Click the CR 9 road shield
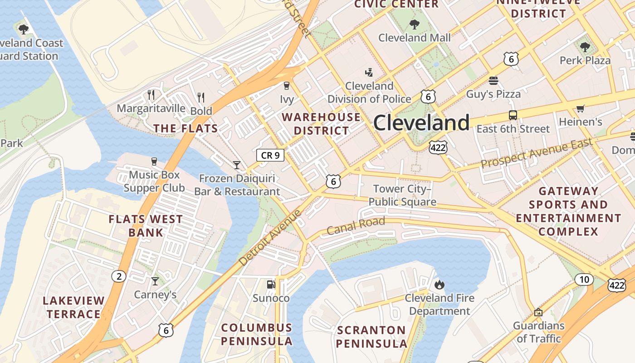click(270, 155)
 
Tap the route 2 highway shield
click(119, 276)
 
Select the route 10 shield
click(584, 280)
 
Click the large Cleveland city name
click(421, 123)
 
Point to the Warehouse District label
click(321, 124)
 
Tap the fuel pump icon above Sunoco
click(271, 285)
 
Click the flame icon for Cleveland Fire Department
click(439, 285)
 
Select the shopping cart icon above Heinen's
click(580, 108)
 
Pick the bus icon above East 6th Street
click(513, 115)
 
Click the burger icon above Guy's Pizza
click(493, 81)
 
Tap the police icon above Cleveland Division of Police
click(369, 72)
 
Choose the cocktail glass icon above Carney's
click(155, 281)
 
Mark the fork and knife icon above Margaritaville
click(151, 95)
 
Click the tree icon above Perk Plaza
click(585, 47)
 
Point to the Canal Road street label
click(356, 226)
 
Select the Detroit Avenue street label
click(270, 237)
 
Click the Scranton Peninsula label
click(371, 337)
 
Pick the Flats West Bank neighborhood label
click(146, 226)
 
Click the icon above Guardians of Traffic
click(538, 312)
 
